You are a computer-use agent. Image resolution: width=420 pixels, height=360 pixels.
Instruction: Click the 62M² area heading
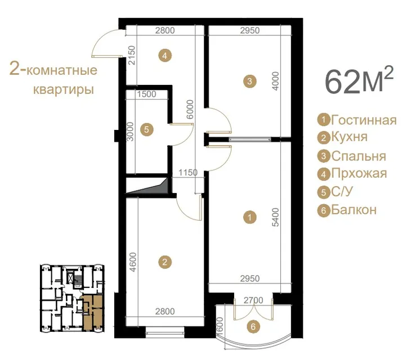[x=359, y=80]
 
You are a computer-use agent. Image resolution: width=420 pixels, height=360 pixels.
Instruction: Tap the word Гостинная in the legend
[x=364, y=120]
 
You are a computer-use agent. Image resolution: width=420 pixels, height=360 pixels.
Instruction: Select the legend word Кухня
[x=349, y=137]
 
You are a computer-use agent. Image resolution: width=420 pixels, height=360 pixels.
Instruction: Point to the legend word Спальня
[x=359, y=156]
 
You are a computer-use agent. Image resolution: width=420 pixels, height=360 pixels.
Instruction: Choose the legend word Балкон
[x=354, y=210]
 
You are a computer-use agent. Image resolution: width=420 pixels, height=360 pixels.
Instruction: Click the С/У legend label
[x=342, y=191]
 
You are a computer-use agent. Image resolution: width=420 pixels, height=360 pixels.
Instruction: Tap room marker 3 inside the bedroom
[x=249, y=81]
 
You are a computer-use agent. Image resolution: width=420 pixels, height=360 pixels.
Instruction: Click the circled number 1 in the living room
[x=249, y=217]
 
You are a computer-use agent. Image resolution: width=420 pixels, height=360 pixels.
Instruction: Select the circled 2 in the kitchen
[x=165, y=262]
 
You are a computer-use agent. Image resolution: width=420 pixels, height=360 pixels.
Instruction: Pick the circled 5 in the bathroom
[x=146, y=130]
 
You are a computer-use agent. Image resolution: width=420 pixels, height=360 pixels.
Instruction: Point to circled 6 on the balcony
[x=253, y=327]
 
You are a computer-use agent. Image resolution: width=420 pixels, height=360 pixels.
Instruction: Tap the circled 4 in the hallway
[x=165, y=56]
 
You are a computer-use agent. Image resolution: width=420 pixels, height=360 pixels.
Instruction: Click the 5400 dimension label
[x=275, y=217]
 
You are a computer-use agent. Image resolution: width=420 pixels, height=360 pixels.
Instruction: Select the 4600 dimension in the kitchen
[x=133, y=262]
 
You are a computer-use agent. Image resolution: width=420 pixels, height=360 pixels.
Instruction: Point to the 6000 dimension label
[x=190, y=109]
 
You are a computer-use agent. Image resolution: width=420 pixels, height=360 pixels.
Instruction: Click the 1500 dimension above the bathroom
[x=146, y=94]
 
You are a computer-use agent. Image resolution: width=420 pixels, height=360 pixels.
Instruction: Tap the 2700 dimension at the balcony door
[x=253, y=300]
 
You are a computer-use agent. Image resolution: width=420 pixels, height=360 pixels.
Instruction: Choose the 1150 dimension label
[x=188, y=172]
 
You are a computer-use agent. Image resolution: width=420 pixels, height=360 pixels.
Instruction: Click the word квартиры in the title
[x=64, y=89]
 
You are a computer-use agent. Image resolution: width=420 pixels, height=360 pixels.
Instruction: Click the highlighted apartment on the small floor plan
[x=92, y=313]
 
